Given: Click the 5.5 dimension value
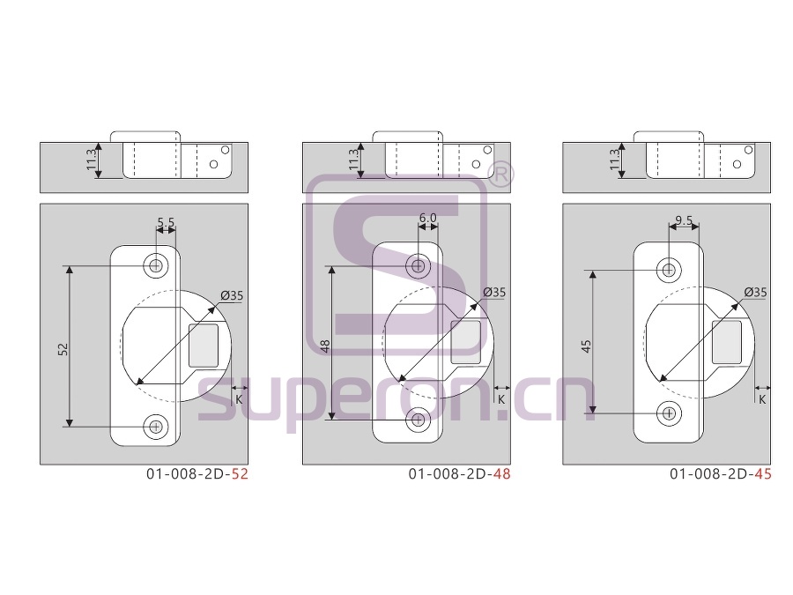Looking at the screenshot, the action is click(x=166, y=222).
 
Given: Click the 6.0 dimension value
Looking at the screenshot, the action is click(x=428, y=218).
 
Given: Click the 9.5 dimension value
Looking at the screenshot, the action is click(x=684, y=220).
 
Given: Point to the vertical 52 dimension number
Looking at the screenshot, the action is click(x=63, y=349).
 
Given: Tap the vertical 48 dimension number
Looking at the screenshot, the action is click(x=324, y=346).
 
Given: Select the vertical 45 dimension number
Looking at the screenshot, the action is click(x=586, y=346).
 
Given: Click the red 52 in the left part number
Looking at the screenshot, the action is click(x=240, y=474).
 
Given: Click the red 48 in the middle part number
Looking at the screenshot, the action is click(x=501, y=474).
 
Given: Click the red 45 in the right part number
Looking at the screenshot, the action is click(x=763, y=474).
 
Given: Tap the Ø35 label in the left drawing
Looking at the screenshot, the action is click(x=232, y=295).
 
